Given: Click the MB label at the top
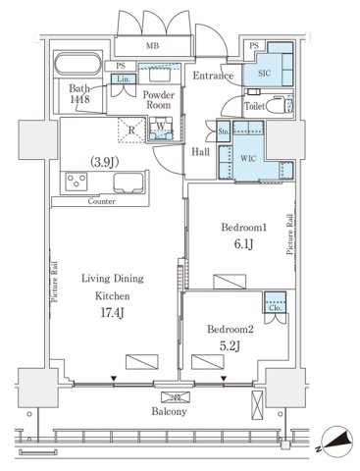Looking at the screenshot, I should coord(153,44).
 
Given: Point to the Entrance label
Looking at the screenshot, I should coord(213,76).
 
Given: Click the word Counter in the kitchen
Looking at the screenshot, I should coord(102,200).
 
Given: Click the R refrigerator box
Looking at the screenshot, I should coord(131,126).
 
